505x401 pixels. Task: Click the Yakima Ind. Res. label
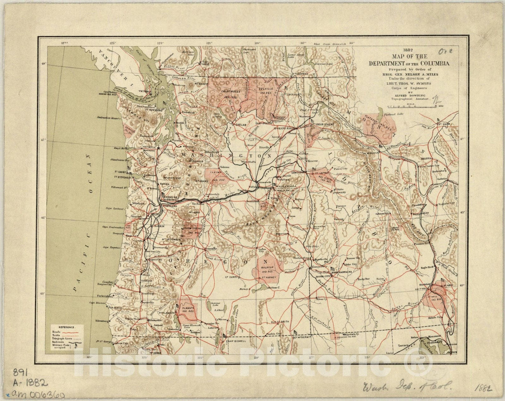(x=217, y=176)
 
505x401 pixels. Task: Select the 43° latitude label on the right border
(x=463, y=285)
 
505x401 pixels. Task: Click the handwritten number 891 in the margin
(x=20, y=372)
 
